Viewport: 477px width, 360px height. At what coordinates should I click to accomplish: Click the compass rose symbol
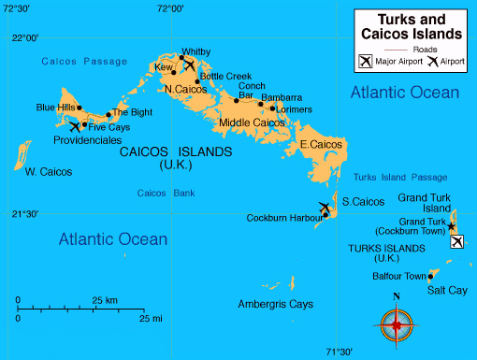(397, 324)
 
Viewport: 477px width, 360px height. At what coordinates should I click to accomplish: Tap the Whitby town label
(195, 51)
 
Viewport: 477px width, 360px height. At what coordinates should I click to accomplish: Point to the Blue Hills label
(55, 108)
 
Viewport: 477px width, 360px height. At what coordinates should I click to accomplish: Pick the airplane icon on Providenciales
(75, 126)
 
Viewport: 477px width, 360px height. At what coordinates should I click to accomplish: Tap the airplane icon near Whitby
(190, 65)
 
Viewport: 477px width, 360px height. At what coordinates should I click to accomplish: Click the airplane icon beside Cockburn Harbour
(324, 208)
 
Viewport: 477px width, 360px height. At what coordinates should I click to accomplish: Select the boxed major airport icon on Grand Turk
(456, 242)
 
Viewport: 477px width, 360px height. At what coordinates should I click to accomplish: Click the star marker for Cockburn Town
(451, 226)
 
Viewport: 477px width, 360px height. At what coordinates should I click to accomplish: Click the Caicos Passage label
(84, 62)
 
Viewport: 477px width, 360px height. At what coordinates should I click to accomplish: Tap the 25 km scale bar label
(105, 299)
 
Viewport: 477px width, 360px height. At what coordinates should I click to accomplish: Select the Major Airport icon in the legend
(365, 62)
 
